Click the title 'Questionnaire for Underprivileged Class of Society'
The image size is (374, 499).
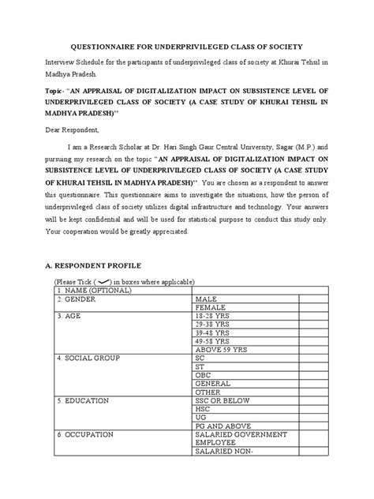coord(187,47)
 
